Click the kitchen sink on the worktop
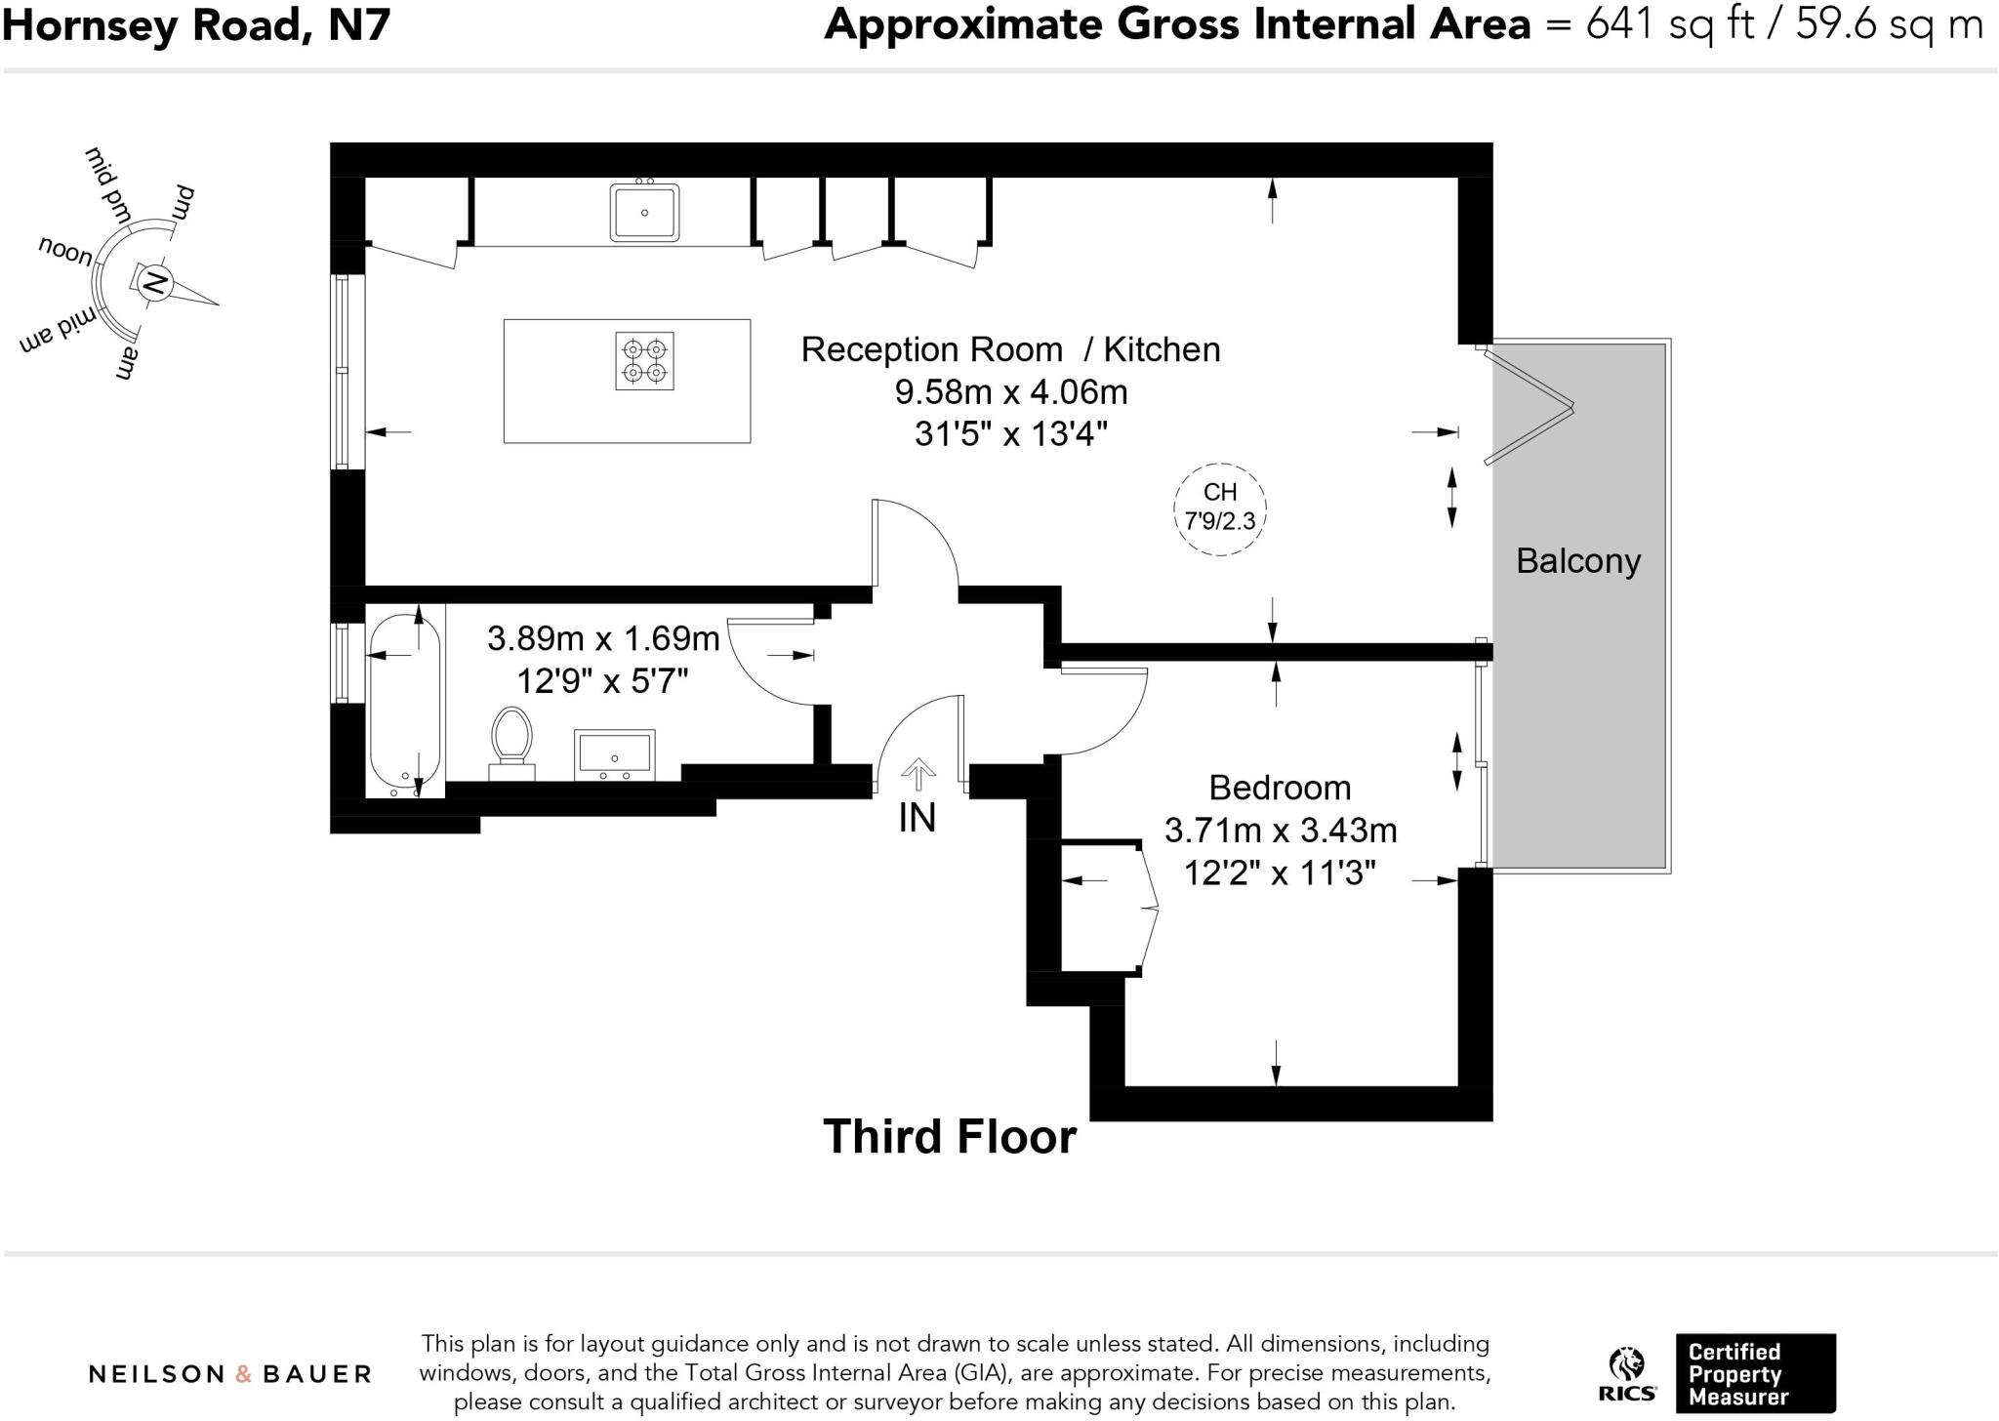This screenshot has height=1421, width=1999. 644,211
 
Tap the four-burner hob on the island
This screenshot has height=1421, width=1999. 644,360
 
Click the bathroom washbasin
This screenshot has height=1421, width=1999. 614,754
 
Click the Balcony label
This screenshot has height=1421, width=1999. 1578,561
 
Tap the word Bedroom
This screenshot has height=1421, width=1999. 1280,788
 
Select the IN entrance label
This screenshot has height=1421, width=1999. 917,818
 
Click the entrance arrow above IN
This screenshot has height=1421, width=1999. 918,776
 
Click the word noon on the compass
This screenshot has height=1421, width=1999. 66,252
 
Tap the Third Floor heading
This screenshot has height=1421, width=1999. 950,1137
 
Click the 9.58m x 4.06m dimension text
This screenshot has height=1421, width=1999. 1011,392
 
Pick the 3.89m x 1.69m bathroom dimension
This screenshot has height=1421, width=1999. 603,639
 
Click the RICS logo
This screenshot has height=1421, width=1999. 1627,1377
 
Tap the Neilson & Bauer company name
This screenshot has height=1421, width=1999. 230,1374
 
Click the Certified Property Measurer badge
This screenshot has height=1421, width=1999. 1755,1373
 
